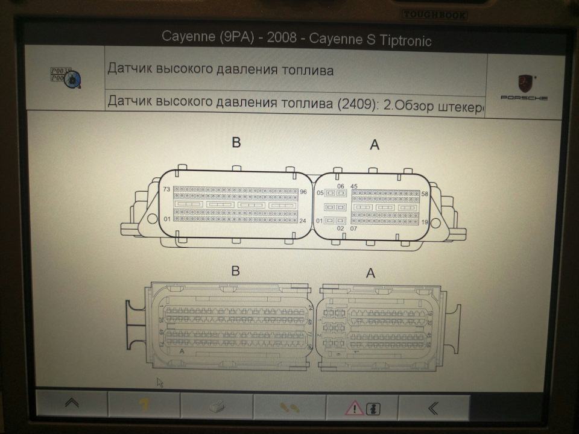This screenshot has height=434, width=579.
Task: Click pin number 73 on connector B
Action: pyautogui.click(x=166, y=189)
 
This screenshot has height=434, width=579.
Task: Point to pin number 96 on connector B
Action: pyautogui.click(x=303, y=192)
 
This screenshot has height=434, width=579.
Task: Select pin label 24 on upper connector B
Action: pyautogui.click(x=303, y=221)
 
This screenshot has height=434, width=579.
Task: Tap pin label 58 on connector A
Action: pyautogui.click(x=425, y=194)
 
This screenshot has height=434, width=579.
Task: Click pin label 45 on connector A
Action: pyautogui.click(x=354, y=186)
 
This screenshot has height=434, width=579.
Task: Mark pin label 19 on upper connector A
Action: pyautogui.click(x=425, y=222)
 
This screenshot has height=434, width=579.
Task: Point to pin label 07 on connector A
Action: pyautogui.click(x=353, y=229)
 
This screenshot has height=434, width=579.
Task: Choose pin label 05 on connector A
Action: pyautogui.click(x=321, y=193)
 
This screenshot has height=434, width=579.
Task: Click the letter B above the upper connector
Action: pyautogui.click(x=236, y=142)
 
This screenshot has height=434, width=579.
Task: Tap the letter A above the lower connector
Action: pyautogui.click(x=371, y=274)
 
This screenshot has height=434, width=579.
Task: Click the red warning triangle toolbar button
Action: pyautogui.click(x=355, y=407)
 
